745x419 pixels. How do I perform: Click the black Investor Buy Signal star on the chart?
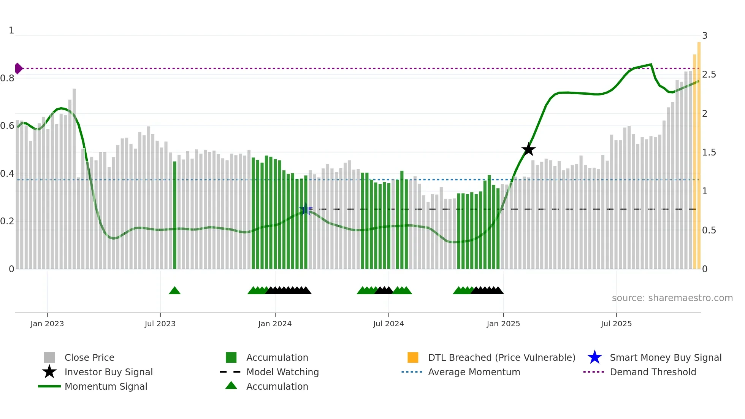[x=528, y=149]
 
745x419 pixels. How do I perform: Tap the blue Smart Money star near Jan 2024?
[x=306, y=209]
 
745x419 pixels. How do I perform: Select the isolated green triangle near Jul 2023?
[x=174, y=291]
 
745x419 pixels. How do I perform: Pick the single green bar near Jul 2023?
[x=174, y=215]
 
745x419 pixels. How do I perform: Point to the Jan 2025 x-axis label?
[x=503, y=324]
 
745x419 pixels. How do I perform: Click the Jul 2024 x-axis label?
[x=388, y=324]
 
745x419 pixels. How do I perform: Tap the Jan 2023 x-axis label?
[x=47, y=324]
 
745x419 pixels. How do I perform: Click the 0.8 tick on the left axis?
[x=8, y=78]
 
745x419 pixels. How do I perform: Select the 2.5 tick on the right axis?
[x=709, y=75]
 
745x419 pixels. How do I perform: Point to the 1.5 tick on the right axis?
[x=709, y=152]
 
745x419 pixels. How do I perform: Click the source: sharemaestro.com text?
[x=672, y=298]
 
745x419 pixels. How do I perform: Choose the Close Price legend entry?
[x=89, y=357]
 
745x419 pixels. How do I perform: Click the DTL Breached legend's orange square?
[x=413, y=357]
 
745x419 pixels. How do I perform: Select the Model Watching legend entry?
[x=282, y=372]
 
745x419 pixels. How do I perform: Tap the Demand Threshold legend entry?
[x=653, y=372]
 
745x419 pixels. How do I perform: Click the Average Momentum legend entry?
[x=474, y=372]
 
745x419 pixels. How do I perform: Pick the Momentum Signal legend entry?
[x=106, y=386]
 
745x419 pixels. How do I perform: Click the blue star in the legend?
[x=594, y=357]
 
